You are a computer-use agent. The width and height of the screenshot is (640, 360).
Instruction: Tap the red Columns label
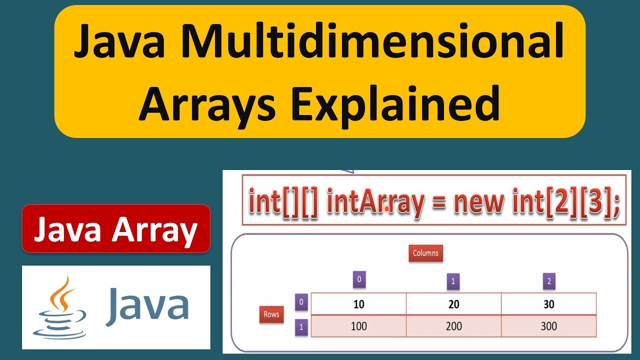pos(425,253)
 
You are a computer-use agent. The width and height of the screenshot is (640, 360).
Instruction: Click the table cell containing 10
pos(358,304)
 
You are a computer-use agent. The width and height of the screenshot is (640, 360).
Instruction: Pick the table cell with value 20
pos(453,304)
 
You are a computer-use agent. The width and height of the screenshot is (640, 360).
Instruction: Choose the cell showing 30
pos(548,304)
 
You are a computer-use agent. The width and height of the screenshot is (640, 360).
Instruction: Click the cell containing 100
pos(358,326)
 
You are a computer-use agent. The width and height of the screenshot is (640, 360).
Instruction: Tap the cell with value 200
pos(453,326)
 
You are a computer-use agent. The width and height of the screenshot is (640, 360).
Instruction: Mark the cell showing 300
pos(548,326)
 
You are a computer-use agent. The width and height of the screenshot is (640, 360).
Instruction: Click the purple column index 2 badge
pos(549,281)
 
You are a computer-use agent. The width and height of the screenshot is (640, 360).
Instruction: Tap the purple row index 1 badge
pos(300,327)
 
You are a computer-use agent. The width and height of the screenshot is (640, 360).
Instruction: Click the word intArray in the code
pos(375,201)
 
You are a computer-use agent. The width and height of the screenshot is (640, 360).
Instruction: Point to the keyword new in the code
pos(478,201)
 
